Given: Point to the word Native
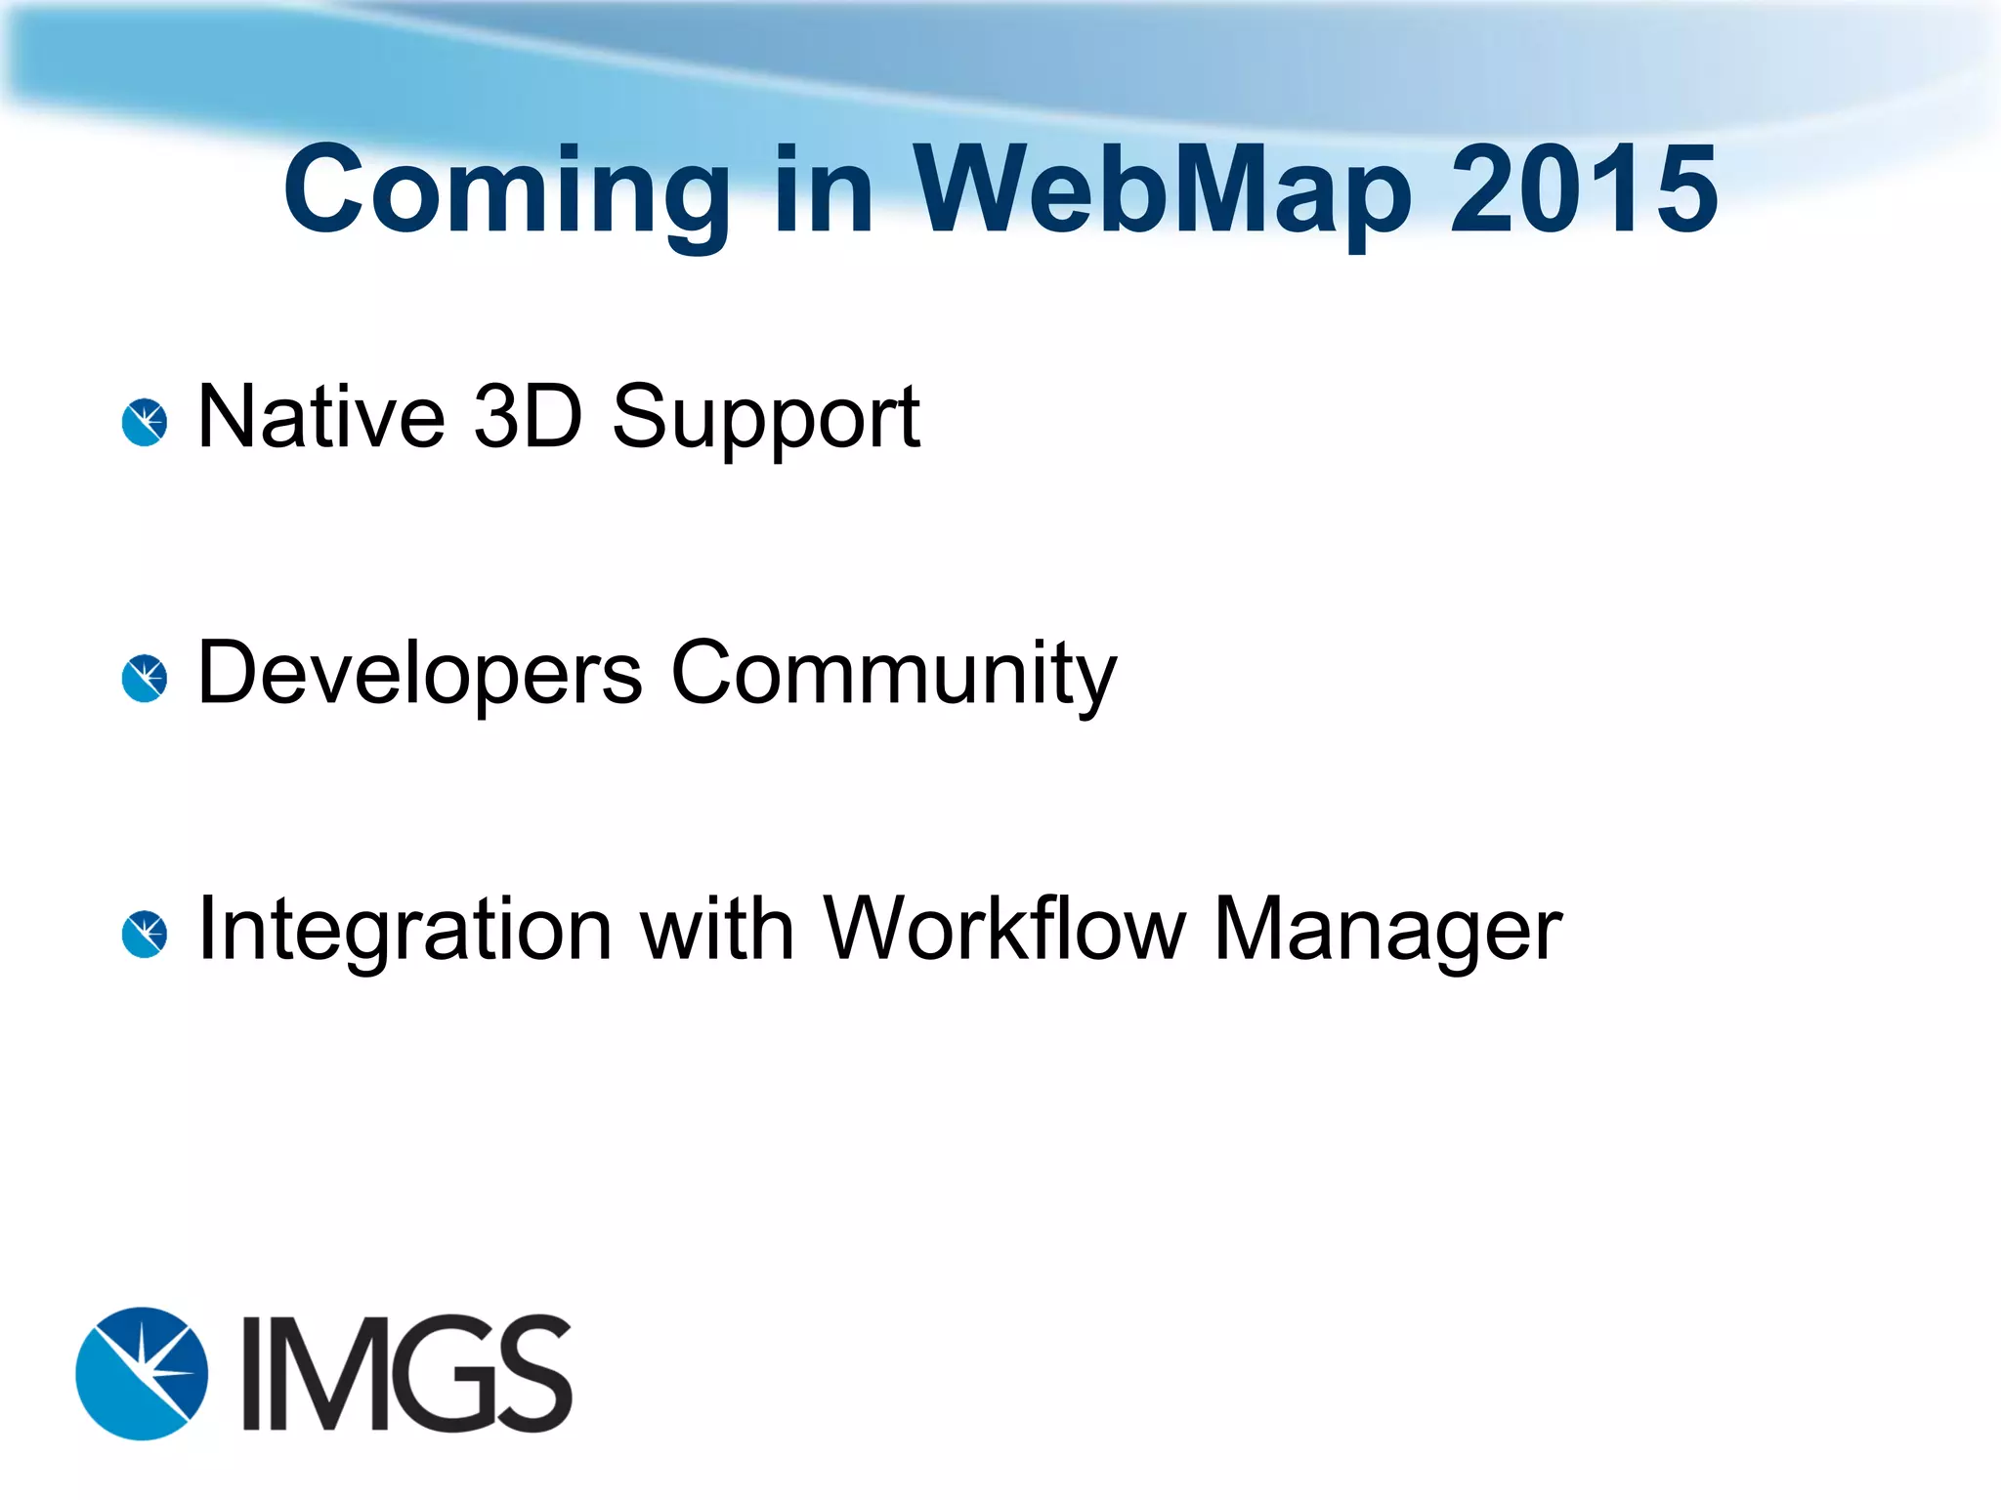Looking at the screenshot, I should tap(321, 417).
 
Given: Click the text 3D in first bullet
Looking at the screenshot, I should tap(528, 417).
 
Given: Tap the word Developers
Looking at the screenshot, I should tap(419, 674).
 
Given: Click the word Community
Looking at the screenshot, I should tap(893, 674).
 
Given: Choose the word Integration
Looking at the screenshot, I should tap(404, 931).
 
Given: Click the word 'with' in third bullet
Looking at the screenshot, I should tap(716, 929).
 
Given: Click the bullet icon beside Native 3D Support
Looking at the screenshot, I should tap(145, 423).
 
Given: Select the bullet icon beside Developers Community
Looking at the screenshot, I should tap(145, 679).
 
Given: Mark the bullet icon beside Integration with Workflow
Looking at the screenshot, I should tap(145, 935).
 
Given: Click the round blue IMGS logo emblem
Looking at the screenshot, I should tap(143, 1373).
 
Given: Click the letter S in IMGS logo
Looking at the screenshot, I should tap(533, 1373).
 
